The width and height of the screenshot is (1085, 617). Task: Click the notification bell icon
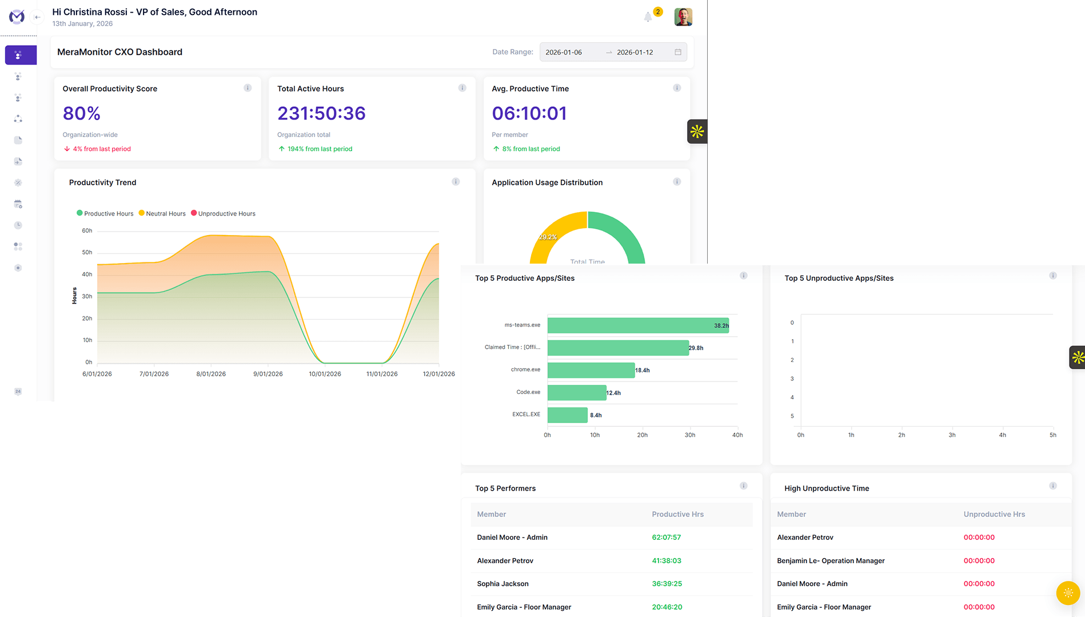point(648,17)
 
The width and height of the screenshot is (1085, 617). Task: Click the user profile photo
point(683,17)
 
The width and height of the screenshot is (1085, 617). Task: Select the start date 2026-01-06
point(564,52)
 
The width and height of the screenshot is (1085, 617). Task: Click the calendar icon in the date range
point(678,52)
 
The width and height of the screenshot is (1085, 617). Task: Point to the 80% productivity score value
point(82,113)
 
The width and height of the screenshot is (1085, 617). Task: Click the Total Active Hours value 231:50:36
point(321,113)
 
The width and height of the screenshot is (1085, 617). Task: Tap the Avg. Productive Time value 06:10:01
point(529,113)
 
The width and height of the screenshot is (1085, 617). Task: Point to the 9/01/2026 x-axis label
point(268,374)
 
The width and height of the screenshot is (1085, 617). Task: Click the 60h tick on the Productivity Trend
point(87,230)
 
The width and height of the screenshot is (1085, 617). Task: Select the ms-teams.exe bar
point(638,325)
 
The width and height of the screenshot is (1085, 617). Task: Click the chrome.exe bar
point(591,370)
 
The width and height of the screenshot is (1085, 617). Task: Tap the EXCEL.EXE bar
point(568,415)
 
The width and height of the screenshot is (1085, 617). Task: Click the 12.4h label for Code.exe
point(613,393)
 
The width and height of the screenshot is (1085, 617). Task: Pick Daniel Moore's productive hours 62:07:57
point(667,538)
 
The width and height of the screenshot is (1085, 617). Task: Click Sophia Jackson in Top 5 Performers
point(503,584)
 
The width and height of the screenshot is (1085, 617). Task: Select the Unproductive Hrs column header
point(994,514)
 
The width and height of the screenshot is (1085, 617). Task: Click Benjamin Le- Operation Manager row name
point(831,561)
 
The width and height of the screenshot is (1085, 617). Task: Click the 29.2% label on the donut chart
point(548,237)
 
